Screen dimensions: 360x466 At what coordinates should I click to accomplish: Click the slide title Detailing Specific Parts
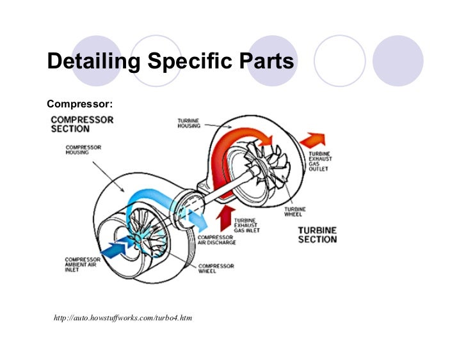pyautogui.click(x=170, y=62)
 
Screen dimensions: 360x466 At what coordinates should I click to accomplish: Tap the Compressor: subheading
pyautogui.click(x=80, y=103)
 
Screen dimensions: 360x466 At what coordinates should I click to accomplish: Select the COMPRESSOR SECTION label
pyautogui.click(x=82, y=124)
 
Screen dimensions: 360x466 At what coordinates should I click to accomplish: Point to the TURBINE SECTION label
pyautogui.click(x=317, y=235)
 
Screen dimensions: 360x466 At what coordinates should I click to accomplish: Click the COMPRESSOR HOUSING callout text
pyautogui.click(x=83, y=150)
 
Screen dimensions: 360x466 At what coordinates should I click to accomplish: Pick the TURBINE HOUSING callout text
pyautogui.click(x=189, y=122)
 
